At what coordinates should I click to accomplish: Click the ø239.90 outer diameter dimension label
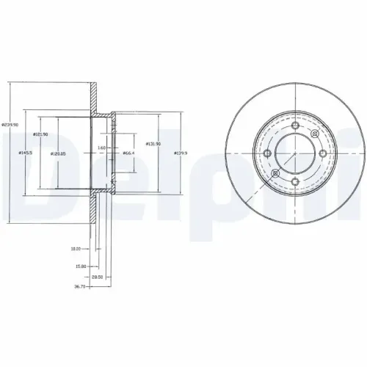click(10, 124)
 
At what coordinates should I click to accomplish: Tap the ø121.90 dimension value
click(40, 134)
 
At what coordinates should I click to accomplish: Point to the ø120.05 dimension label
click(58, 153)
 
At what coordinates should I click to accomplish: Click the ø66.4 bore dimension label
click(126, 153)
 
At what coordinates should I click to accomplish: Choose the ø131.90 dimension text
click(153, 144)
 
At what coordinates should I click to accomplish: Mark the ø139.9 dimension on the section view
click(179, 153)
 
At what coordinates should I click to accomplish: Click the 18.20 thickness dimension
click(75, 249)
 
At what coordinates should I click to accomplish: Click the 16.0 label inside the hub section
click(103, 148)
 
